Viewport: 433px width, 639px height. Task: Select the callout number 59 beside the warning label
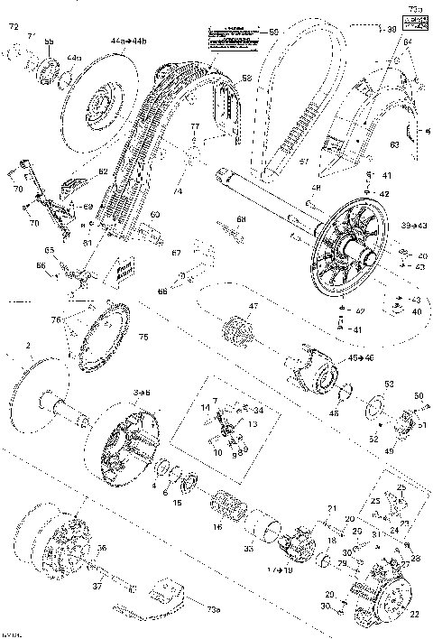tap(274, 33)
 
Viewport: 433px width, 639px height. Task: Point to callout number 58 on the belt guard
tap(245, 79)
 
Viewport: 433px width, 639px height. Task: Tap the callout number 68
tap(240, 219)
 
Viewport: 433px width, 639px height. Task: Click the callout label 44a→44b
tap(124, 42)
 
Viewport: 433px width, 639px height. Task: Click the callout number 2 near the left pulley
tap(30, 346)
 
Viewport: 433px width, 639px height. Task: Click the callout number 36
tap(102, 547)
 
